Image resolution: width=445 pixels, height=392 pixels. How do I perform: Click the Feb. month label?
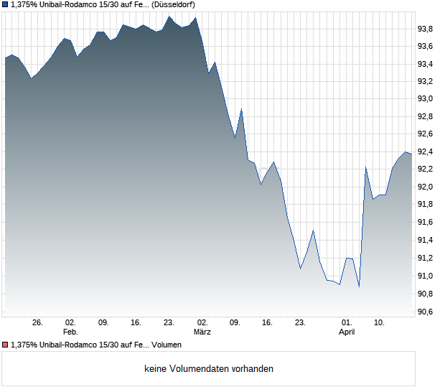pos(70,332)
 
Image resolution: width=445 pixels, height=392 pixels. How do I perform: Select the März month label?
pos(202,332)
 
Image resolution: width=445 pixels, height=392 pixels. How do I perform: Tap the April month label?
pos(347,332)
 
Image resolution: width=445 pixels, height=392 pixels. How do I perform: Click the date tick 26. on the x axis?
pos(37,323)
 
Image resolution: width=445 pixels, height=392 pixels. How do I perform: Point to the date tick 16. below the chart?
pos(268,323)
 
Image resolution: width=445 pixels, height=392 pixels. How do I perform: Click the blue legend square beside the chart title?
pos(4,4)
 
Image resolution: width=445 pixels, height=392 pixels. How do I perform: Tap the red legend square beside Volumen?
pos(4,345)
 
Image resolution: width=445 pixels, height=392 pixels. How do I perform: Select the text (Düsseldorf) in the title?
pos(174,4)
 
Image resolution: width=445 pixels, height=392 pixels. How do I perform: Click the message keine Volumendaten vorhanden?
pos(209,369)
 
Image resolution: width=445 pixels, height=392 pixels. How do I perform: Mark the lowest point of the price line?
pos(359,286)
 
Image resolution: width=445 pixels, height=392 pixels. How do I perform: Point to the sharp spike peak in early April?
pos(365,167)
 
